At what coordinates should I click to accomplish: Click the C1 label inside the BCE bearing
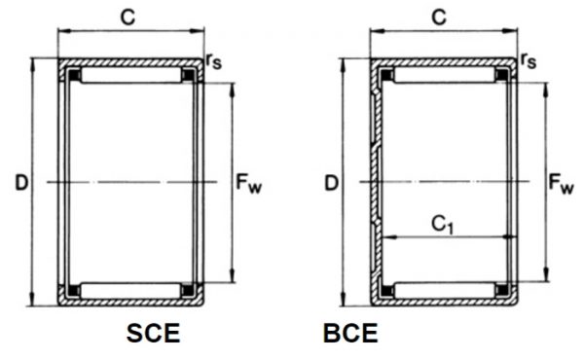click(442, 225)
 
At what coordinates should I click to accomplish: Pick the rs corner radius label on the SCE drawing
click(213, 60)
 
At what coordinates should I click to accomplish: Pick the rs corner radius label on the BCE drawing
click(528, 60)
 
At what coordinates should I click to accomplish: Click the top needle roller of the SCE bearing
click(130, 74)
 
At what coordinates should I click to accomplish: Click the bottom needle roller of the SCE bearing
click(130, 289)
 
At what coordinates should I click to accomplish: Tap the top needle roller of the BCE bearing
click(443, 74)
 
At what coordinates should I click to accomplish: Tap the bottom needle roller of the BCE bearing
click(443, 289)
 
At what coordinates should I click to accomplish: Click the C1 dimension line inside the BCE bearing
click(442, 236)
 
